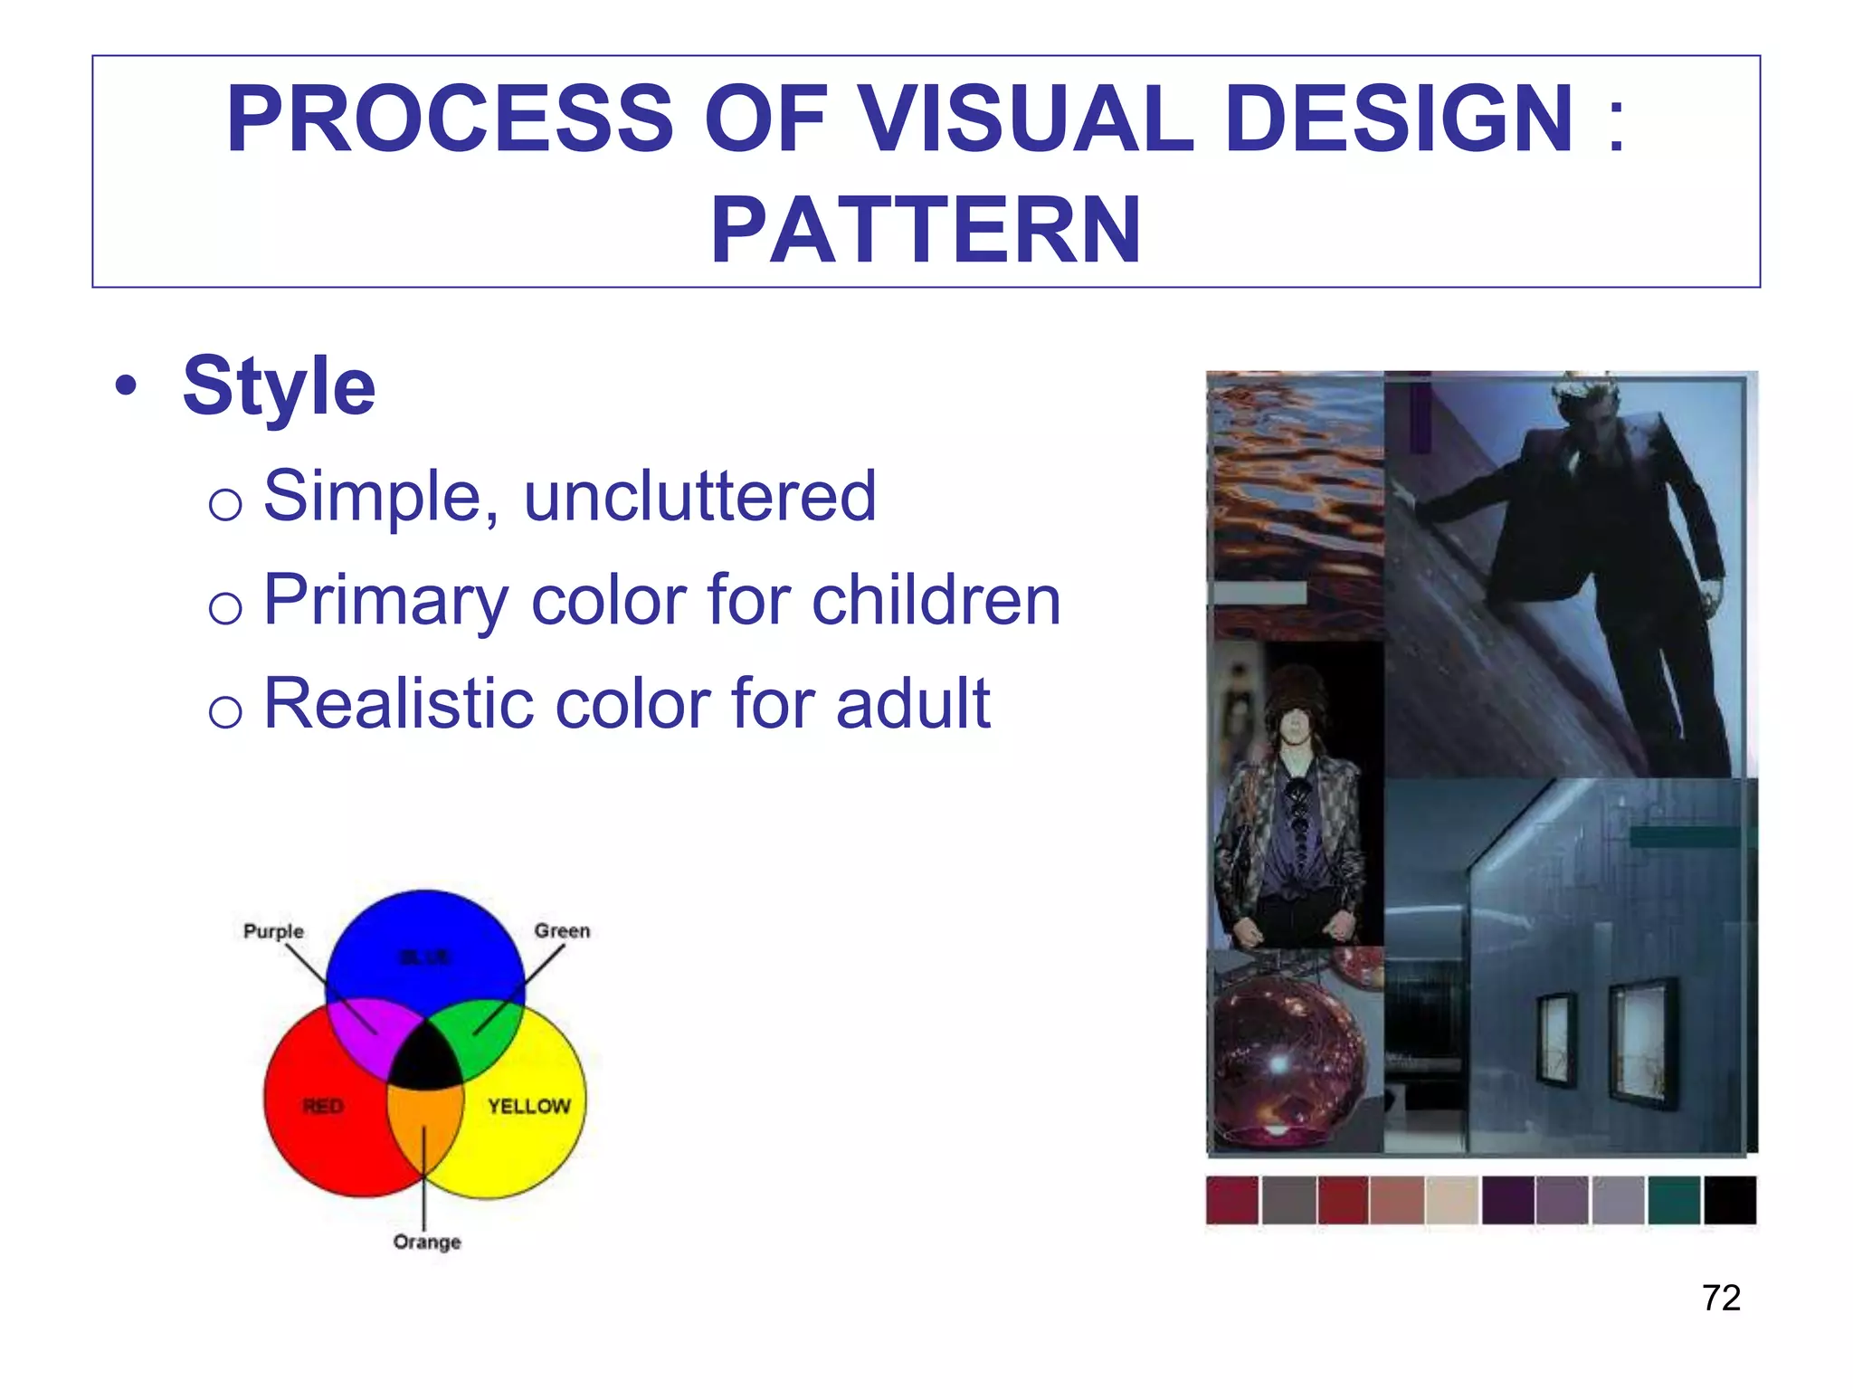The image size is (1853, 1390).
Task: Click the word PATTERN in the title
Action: [x=925, y=232]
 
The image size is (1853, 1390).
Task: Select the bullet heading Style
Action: [x=279, y=386]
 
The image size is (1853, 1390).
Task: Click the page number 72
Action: [x=1721, y=1298]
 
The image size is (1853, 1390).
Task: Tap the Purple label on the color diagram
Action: [x=273, y=931]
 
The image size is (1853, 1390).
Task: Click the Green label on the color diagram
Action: [x=562, y=930]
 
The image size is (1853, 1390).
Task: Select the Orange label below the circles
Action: [x=427, y=1242]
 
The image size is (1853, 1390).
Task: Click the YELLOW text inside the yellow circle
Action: [x=529, y=1106]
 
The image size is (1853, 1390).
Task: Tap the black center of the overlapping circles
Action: [x=425, y=1063]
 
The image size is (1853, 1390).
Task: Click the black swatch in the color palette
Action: [x=1729, y=1200]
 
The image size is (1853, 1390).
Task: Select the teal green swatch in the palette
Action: [x=1674, y=1200]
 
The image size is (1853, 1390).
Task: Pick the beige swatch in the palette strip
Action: [x=1452, y=1200]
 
